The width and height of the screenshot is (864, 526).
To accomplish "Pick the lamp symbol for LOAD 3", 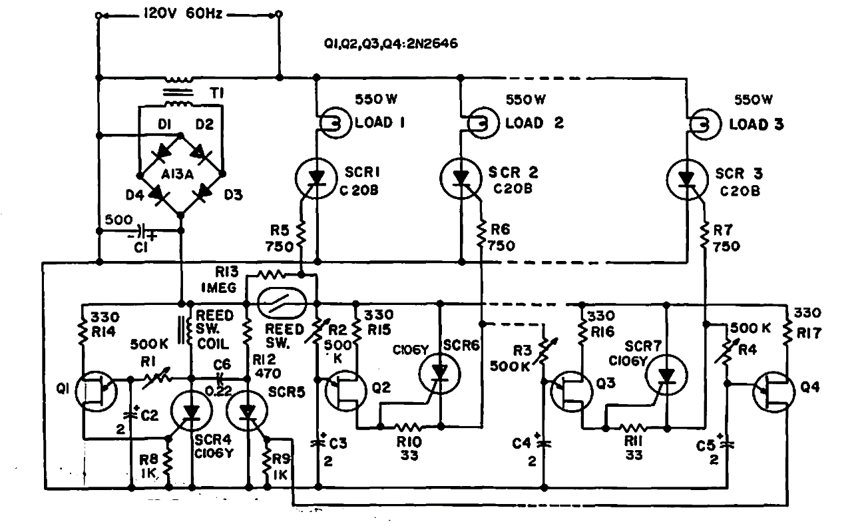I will click(702, 123).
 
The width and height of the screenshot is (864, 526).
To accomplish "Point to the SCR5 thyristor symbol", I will click(248, 413).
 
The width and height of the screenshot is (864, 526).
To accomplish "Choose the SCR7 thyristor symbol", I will click(665, 377).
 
